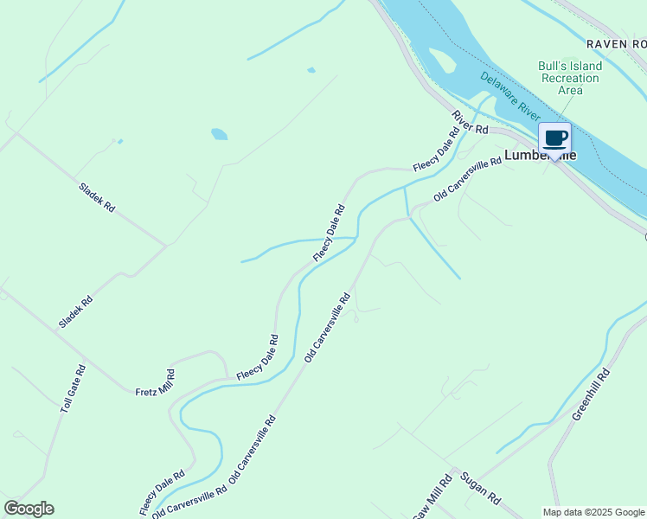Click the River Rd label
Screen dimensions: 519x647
pyautogui.click(x=470, y=122)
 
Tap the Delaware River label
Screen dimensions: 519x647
pyautogui.click(x=510, y=96)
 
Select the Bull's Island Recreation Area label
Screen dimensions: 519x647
pyautogui.click(x=568, y=78)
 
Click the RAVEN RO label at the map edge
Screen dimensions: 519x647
pyautogui.click(x=615, y=43)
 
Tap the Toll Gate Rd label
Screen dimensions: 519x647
pyautogui.click(x=74, y=388)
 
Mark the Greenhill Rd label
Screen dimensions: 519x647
pyautogui.click(x=592, y=394)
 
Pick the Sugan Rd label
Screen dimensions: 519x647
pyautogui.click(x=481, y=489)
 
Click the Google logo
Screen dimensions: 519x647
pyautogui.click(x=29, y=509)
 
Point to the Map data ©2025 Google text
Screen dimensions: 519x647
pyautogui.click(x=594, y=512)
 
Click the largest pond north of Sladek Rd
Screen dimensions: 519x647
pyautogui.click(x=220, y=134)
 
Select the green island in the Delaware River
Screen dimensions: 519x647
pyautogui.click(x=441, y=61)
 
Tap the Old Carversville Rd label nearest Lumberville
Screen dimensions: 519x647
pyautogui.click(x=467, y=179)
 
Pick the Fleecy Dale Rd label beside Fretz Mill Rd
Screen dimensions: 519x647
pyautogui.click(x=258, y=357)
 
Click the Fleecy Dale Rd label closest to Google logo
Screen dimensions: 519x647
pyautogui.click(x=163, y=492)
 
